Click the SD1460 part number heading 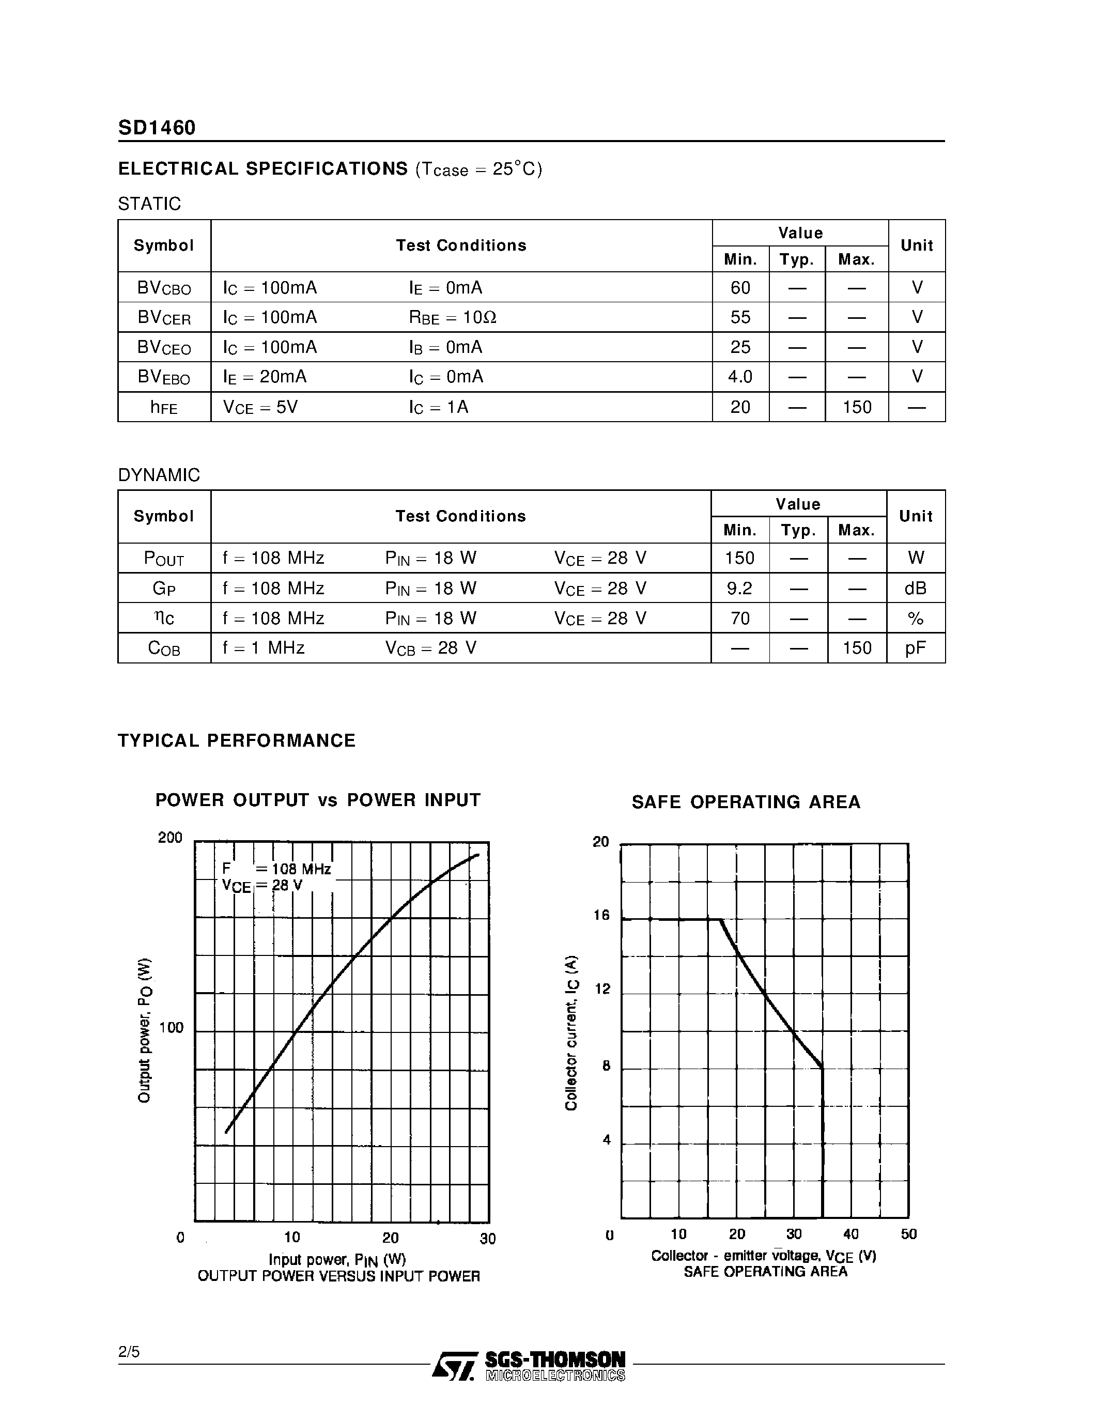click(x=157, y=128)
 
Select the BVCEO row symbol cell click(x=164, y=347)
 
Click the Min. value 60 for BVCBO click(x=740, y=288)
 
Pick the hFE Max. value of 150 click(x=857, y=407)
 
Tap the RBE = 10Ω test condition click(x=453, y=317)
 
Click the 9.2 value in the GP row click(x=739, y=588)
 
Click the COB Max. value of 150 click(x=857, y=648)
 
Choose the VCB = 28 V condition click(x=430, y=648)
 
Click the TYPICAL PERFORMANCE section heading click(x=237, y=741)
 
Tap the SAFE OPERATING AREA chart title click(x=746, y=802)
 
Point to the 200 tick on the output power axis click(x=171, y=838)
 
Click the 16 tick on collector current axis click(x=601, y=916)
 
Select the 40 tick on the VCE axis click(x=851, y=1234)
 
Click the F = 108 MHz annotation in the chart click(x=276, y=869)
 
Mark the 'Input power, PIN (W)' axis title click(x=337, y=1260)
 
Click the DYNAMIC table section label click(x=159, y=475)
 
